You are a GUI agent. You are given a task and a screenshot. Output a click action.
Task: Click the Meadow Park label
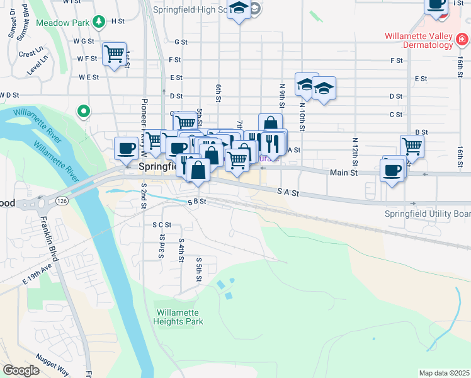[63, 23]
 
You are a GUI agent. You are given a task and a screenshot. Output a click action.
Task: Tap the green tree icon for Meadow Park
[98, 23]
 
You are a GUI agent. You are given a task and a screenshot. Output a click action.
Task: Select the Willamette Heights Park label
[178, 316]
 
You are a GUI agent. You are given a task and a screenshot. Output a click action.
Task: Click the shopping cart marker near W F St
[114, 54]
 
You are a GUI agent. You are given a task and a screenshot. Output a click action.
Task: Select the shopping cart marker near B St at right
[412, 146]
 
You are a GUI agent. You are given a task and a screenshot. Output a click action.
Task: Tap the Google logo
[21, 370]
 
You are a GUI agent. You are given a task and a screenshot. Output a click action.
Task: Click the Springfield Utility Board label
[428, 214]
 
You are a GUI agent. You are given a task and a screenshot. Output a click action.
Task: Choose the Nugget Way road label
[54, 363]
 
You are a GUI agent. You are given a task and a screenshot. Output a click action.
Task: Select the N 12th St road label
[355, 149]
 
